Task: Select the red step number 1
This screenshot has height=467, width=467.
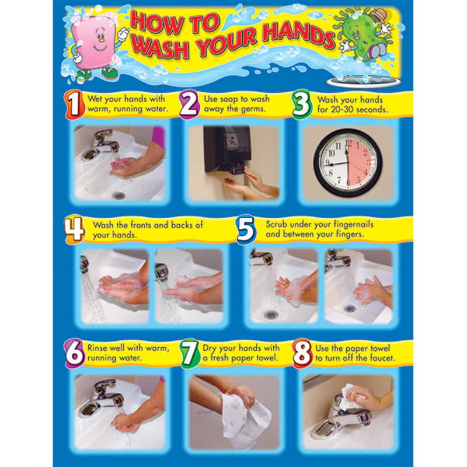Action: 73,104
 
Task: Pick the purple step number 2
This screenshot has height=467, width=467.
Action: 189,104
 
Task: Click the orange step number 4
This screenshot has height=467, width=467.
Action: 74,229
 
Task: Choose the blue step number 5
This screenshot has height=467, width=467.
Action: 246,229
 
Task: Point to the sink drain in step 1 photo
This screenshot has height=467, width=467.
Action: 119,195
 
